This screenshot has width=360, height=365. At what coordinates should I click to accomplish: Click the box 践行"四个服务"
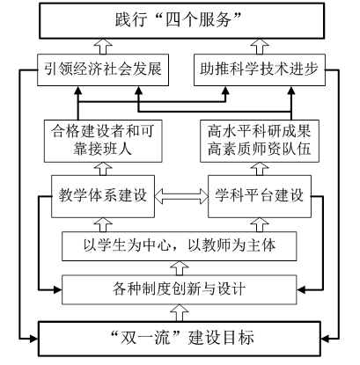[182, 20]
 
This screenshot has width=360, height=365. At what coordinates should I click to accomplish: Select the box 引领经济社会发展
[103, 69]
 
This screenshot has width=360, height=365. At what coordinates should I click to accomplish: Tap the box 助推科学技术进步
[260, 69]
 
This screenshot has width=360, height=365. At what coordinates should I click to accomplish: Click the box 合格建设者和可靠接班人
[103, 141]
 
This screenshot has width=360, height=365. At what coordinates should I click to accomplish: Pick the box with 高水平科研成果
[260, 141]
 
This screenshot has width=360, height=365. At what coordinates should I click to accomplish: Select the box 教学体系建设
[103, 196]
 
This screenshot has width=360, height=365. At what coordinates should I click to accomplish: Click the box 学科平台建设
[260, 196]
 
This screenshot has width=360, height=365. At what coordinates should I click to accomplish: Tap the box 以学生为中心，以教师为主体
[180, 246]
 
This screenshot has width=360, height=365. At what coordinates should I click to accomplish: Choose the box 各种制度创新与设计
[180, 289]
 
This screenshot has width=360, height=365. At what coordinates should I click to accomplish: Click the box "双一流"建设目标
[180, 339]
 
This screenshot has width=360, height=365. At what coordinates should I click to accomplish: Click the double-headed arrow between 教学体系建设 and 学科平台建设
[181, 196]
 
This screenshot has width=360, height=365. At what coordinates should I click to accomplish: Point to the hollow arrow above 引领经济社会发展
[103, 47]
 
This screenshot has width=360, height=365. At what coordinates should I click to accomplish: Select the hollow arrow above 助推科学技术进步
[260, 47]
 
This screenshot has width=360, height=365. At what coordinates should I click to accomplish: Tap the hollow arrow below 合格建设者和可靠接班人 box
[103, 169]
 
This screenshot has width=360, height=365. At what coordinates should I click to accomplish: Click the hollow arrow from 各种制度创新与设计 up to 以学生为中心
[180, 268]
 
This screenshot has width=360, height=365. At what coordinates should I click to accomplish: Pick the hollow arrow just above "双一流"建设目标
[180, 313]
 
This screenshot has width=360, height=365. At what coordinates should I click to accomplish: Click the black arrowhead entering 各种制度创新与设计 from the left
[58, 290]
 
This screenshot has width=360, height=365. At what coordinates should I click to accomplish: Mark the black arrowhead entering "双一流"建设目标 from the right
[325, 339]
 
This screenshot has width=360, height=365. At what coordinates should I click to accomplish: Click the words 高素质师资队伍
[260, 150]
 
